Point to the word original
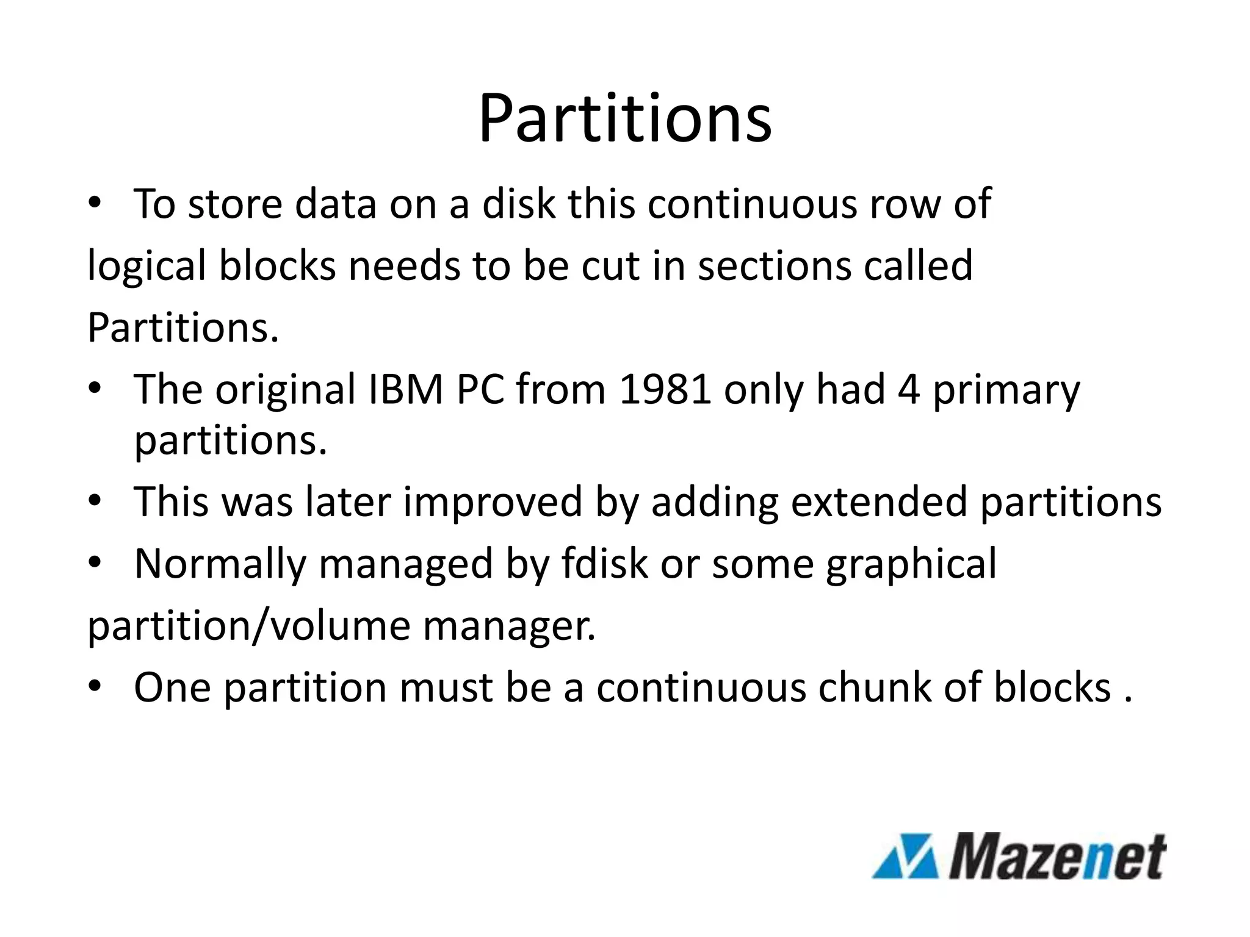click(x=286, y=390)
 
